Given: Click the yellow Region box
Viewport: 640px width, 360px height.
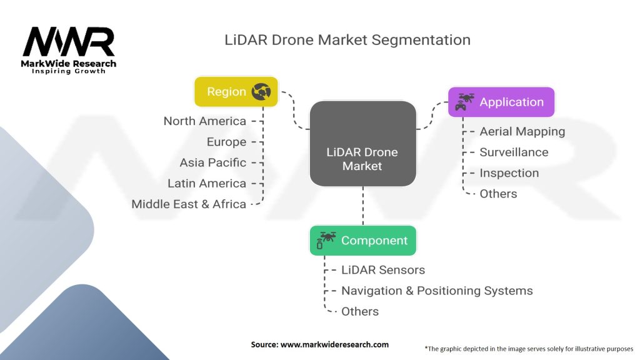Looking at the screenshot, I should tap(236, 92).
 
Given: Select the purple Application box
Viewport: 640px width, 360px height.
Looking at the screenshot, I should tap(501, 102).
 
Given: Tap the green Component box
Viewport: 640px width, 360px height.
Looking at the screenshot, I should tap(362, 241).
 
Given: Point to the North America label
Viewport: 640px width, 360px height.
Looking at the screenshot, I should tap(205, 121).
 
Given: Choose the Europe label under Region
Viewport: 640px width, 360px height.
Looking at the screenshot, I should tap(226, 142).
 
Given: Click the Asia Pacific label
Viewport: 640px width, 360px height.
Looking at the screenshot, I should tap(212, 162).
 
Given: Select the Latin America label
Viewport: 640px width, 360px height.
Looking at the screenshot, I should tap(207, 183).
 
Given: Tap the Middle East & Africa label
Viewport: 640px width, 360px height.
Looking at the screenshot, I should tap(189, 204).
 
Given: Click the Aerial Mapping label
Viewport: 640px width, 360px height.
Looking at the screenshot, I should tap(522, 131).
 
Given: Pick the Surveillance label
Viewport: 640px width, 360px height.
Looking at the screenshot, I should tap(514, 152).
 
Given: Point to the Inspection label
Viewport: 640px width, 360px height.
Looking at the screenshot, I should tap(509, 173).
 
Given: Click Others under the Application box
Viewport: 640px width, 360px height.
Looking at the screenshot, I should tap(498, 194).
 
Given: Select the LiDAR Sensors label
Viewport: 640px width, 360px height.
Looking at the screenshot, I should tap(383, 270).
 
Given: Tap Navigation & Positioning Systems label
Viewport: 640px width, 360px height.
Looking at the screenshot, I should tap(437, 291).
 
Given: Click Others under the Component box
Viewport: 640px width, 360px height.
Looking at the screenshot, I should tap(360, 311).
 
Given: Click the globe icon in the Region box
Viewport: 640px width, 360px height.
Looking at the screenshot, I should tap(261, 92).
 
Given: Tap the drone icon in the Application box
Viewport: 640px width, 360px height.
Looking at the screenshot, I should tap(466, 102).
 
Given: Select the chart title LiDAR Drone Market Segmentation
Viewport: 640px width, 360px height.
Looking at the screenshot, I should tap(347, 40).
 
